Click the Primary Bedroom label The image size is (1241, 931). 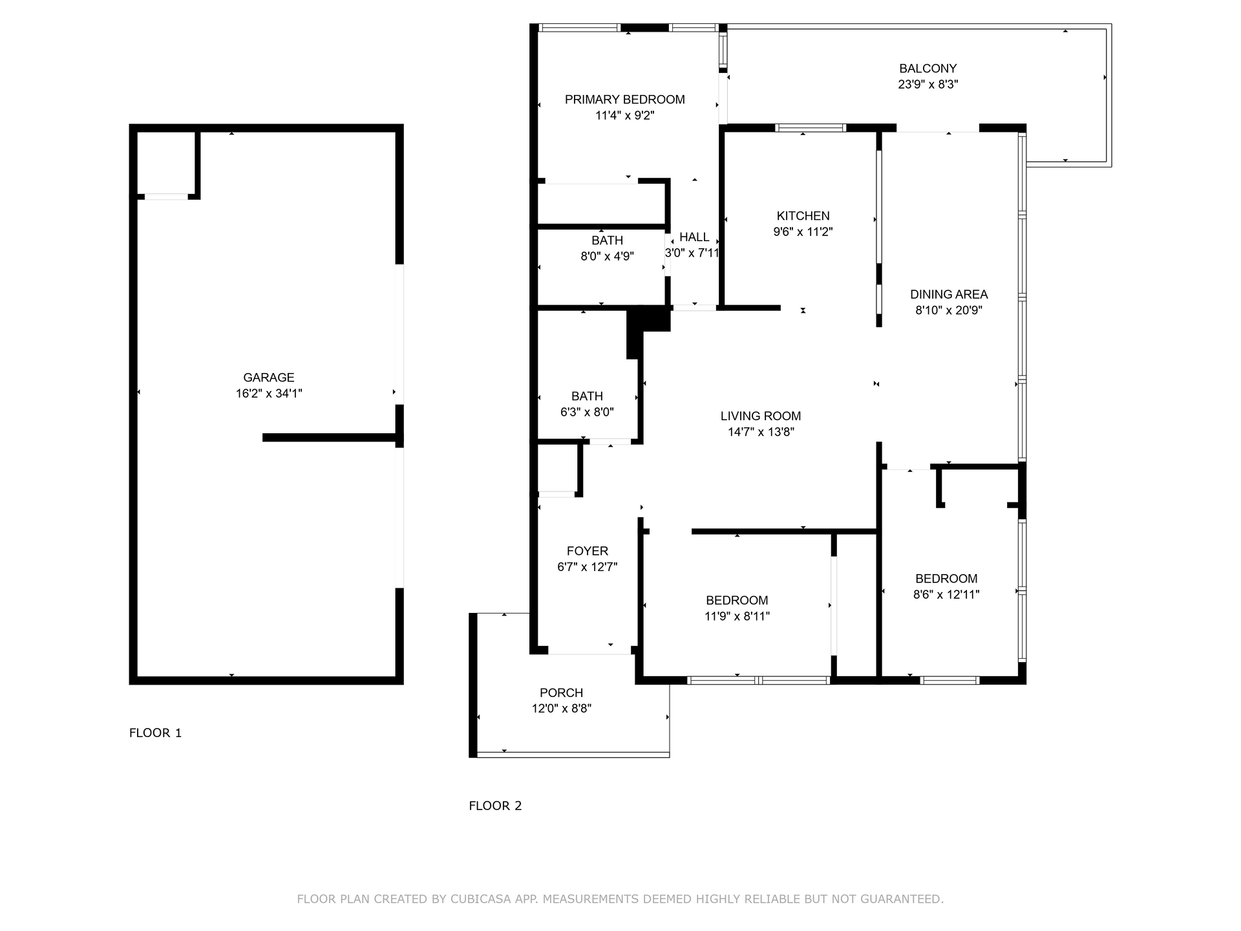tap(624, 100)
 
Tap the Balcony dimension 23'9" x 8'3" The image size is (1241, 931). tap(928, 84)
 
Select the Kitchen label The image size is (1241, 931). tap(803, 216)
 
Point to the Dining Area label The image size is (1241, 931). tap(949, 294)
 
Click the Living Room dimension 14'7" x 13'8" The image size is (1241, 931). tap(761, 432)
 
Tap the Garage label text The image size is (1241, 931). tap(269, 378)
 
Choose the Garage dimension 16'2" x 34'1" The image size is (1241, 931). tap(269, 393)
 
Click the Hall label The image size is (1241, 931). tap(694, 237)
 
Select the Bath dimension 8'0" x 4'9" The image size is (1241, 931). tap(607, 256)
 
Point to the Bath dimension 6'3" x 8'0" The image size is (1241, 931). tap(587, 412)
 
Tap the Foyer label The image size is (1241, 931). tap(588, 551)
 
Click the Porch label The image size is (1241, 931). tap(562, 692)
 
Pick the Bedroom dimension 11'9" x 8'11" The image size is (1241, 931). tap(737, 616)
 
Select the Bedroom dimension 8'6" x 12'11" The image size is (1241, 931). tap(946, 594)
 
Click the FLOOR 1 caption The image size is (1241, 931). tap(155, 733)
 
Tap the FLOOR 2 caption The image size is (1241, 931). tap(495, 806)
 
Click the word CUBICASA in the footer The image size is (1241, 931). tap(480, 899)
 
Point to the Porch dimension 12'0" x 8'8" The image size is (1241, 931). tap(562, 709)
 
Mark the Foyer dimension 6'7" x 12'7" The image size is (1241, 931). tap(588, 567)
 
